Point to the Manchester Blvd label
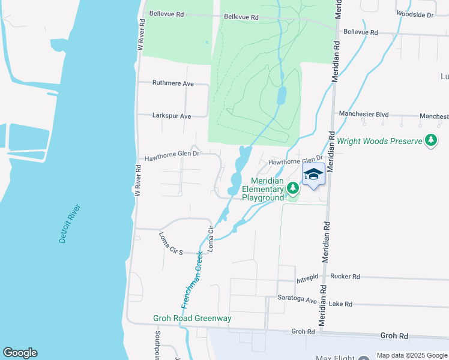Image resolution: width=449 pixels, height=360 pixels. point(364,114)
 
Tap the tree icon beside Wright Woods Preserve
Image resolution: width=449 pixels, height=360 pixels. point(430,141)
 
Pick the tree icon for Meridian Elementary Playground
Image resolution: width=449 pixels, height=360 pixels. point(292,188)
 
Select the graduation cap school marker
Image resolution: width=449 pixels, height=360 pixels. point(313,175)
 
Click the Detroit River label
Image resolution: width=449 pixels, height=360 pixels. point(70,224)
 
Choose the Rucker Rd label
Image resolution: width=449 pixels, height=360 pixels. point(345,277)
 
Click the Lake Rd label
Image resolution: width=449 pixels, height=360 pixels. point(340,304)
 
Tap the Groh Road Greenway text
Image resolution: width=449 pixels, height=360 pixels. point(192,318)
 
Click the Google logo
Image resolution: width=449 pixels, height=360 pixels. point(20,353)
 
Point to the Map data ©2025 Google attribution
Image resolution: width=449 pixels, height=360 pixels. point(411,355)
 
